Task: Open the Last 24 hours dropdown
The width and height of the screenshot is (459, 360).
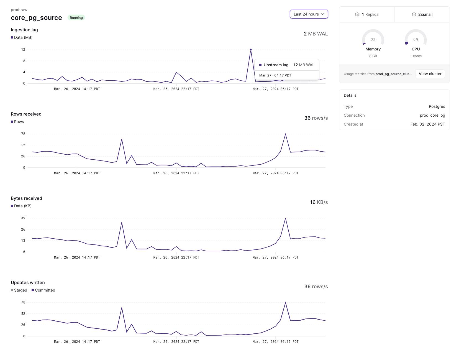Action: (x=309, y=14)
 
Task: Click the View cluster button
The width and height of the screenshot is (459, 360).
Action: (x=430, y=74)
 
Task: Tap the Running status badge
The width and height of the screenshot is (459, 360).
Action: (x=76, y=18)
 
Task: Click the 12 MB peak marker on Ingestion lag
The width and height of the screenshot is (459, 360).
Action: (x=251, y=50)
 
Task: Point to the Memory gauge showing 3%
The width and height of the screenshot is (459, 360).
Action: (x=373, y=39)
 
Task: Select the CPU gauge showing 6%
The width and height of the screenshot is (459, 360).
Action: (x=416, y=39)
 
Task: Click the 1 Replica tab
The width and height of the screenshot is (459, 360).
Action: (x=367, y=14)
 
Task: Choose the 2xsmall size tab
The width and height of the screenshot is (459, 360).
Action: (x=422, y=14)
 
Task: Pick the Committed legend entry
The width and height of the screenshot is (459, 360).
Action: (x=43, y=290)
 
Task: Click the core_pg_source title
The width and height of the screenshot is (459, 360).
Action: (x=36, y=18)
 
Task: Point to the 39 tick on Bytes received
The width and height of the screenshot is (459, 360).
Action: (x=23, y=218)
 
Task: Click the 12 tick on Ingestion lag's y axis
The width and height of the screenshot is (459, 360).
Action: (x=23, y=50)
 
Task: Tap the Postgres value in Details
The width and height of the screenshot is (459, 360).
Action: (x=437, y=106)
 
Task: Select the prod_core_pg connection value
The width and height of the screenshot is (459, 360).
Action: (x=432, y=115)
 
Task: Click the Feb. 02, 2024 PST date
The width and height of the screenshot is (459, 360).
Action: (x=428, y=124)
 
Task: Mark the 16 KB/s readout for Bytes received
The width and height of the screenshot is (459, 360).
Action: (x=319, y=202)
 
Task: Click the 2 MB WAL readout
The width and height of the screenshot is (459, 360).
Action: (x=316, y=34)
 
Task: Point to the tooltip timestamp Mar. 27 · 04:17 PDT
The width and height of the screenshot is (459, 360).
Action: (x=275, y=75)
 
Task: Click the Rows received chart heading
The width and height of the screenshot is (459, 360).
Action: (x=26, y=114)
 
